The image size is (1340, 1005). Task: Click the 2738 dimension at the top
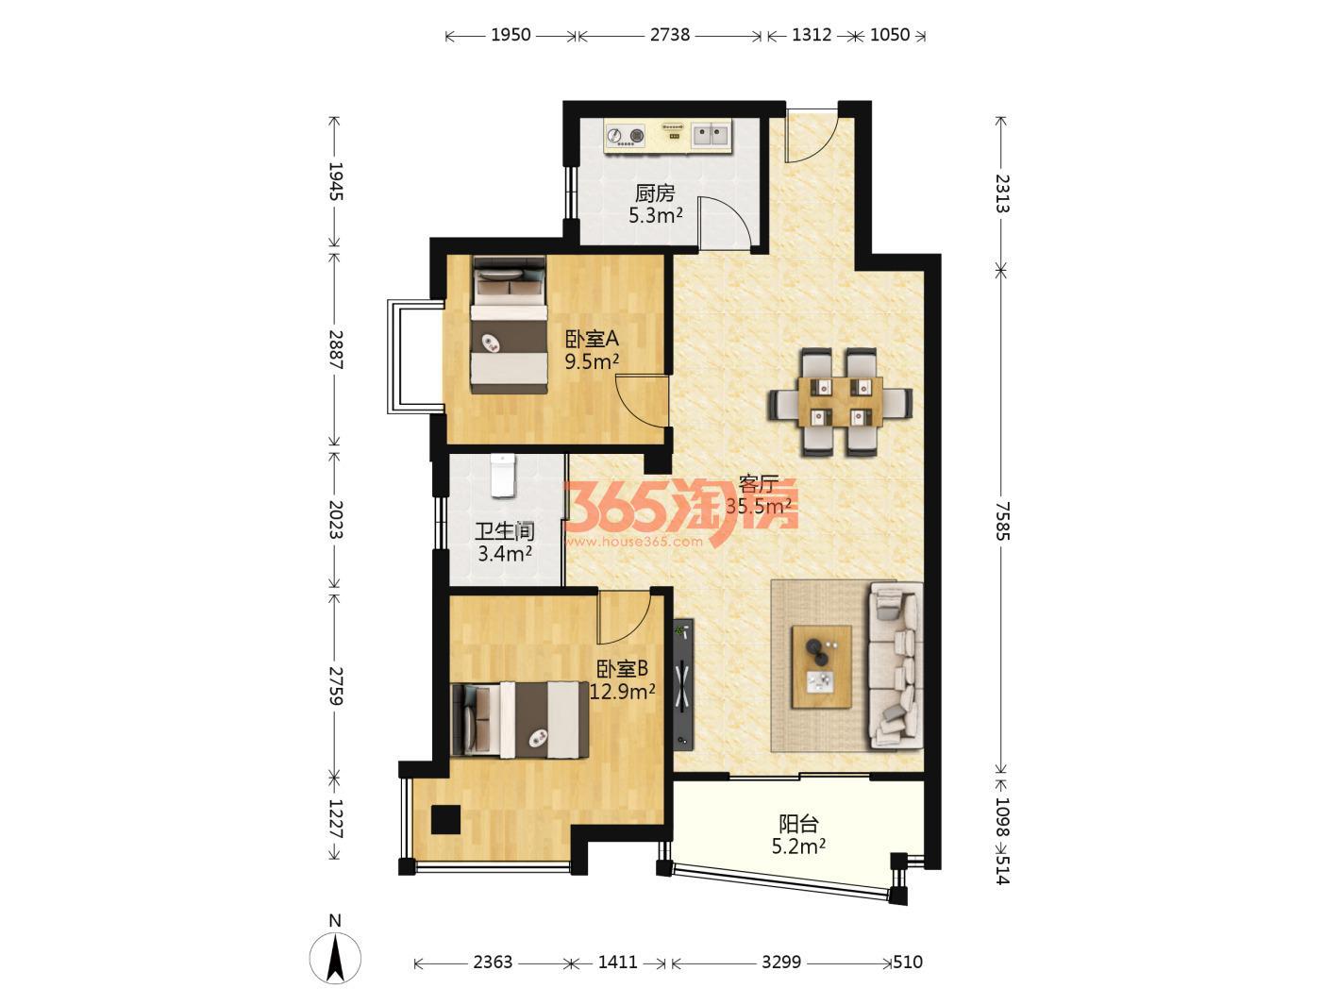(670, 35)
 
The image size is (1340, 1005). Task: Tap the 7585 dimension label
(1002, 521)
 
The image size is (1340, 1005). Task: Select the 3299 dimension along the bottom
(780, 963)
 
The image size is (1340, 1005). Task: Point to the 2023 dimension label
(336, 519)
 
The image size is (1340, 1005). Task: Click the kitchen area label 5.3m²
(656, 215)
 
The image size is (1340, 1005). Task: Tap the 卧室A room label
(593, 339)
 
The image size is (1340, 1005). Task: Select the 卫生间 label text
(505, 531)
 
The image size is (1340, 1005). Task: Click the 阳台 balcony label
(798, 825)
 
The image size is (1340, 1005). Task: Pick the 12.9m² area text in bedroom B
(623, 692)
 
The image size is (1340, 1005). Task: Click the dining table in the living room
(840, 402)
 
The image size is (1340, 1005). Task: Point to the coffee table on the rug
(822, 666)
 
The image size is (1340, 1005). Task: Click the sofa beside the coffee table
(896, 665)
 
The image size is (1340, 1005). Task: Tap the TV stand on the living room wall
(683, 685)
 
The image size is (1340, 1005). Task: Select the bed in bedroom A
(509, 325)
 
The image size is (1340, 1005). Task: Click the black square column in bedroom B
(445, 819)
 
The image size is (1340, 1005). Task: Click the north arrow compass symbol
(335, 958)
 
